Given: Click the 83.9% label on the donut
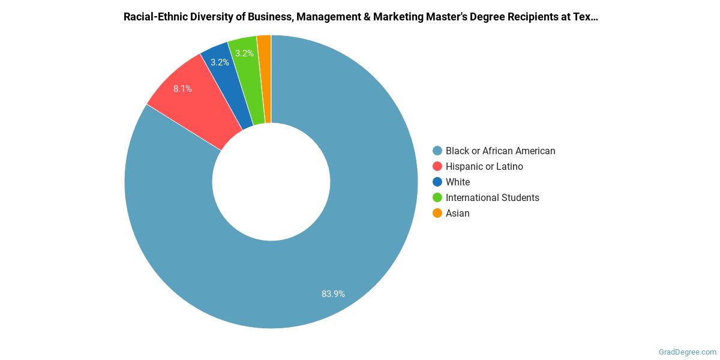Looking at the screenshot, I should pyautogui.click(x=333, y=294).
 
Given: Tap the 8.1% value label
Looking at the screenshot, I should pyautogui.click(x=182, y=89).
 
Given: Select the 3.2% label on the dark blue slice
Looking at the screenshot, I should pyautogui.click(x=220, y=62).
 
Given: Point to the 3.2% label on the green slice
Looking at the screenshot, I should pyautogui.click(x=244, y=53).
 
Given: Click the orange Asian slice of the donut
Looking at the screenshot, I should pyautogui.click(x=265, y=78).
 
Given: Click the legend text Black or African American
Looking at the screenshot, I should pyautogui.click(x=500, y=151).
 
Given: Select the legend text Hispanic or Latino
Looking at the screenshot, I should pyautogui.click(x=484, y=167).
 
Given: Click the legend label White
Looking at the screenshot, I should pyautogui.click(x=458, y=182).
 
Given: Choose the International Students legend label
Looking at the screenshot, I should pyautogui.click(x=492, y=198).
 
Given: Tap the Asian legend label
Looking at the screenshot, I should pyautogui.click(x=457, y=214).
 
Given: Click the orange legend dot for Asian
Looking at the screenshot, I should pyautogui.click(x=437, y=214).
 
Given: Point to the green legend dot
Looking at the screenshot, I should pyautogui.click(x=437, y=198).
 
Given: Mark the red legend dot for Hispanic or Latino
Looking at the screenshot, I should pyautogui.click(x=437, y=167).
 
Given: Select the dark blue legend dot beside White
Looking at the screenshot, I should pyautogui.click(x=437, y=182).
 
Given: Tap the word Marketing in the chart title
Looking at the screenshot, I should pyautogui.click(x=398, y=17).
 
